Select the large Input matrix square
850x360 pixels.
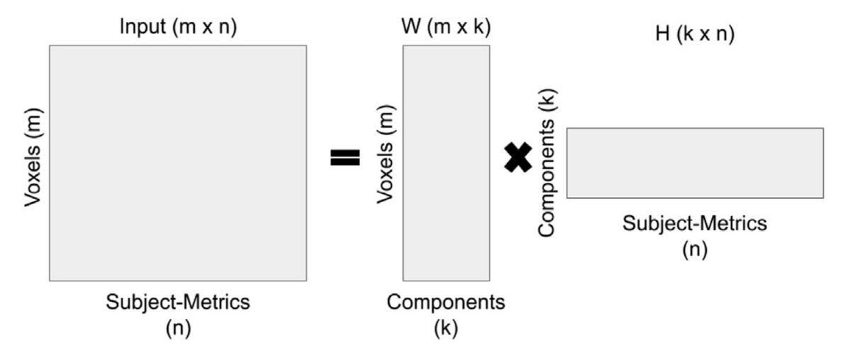(x=177, y=163)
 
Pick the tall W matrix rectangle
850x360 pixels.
(x=446, y=163)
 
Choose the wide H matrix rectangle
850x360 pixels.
(x=694, y=162)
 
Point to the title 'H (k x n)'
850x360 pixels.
(x=694, y=35)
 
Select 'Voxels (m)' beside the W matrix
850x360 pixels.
(x=385, y=155)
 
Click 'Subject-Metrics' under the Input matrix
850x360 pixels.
(x=177, y=302)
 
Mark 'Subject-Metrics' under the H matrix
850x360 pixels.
(x=694, y=223)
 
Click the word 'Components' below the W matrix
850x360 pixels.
(x=446, y=303)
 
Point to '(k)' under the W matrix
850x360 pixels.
(x=446, y=329)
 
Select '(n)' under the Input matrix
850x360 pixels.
(x=177, y=329)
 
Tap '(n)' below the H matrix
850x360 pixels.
(x=694, y=250)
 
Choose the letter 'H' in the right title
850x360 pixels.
(x=662, y=35)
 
